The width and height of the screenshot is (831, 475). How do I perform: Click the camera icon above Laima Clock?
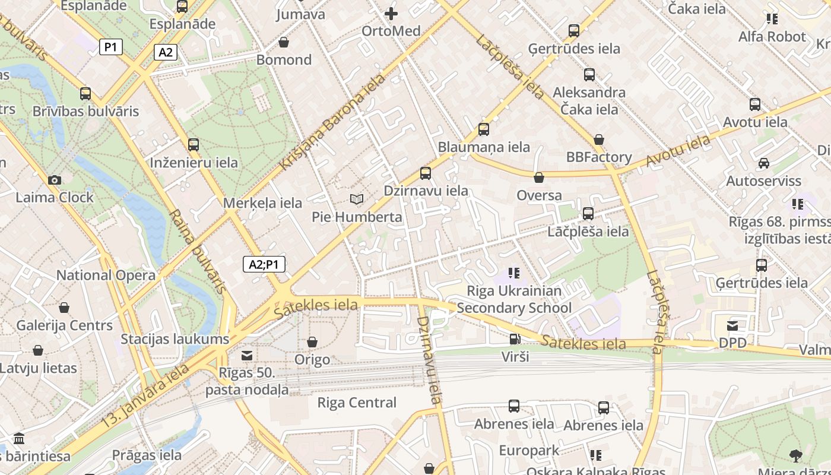[x=55, y=180]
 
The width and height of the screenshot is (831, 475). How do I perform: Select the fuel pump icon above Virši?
[x=515, y=339]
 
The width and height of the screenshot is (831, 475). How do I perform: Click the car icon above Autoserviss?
[x=763, y=163]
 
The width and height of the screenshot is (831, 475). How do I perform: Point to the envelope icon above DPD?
[x=732, y=325]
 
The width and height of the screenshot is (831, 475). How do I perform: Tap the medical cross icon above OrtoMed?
[x=391, y=13]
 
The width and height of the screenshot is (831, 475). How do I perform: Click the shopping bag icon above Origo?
[x=312, y=342]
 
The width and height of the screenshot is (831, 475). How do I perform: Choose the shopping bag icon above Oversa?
[x=539, y=178]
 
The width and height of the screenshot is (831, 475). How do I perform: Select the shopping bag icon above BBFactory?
[x=599, y=140]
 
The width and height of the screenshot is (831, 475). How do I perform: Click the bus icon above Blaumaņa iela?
[x=484, y=129]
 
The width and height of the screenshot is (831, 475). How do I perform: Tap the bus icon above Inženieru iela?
[x=194, y=144]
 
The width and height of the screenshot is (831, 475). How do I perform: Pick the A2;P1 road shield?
[x=264, y=265]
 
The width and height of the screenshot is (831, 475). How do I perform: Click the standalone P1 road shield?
[x=111, y=47]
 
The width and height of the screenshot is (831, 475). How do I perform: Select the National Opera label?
[x=106, y=275]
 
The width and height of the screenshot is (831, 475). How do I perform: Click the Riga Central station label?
[x=357, y=403]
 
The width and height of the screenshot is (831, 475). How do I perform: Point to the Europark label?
[x=529, y=450]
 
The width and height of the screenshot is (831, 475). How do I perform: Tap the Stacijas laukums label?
[x=175, y=339]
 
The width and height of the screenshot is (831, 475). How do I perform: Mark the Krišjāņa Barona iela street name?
[x=332, y=122]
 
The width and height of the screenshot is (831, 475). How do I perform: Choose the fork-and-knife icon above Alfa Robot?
[x=772, y=19]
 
